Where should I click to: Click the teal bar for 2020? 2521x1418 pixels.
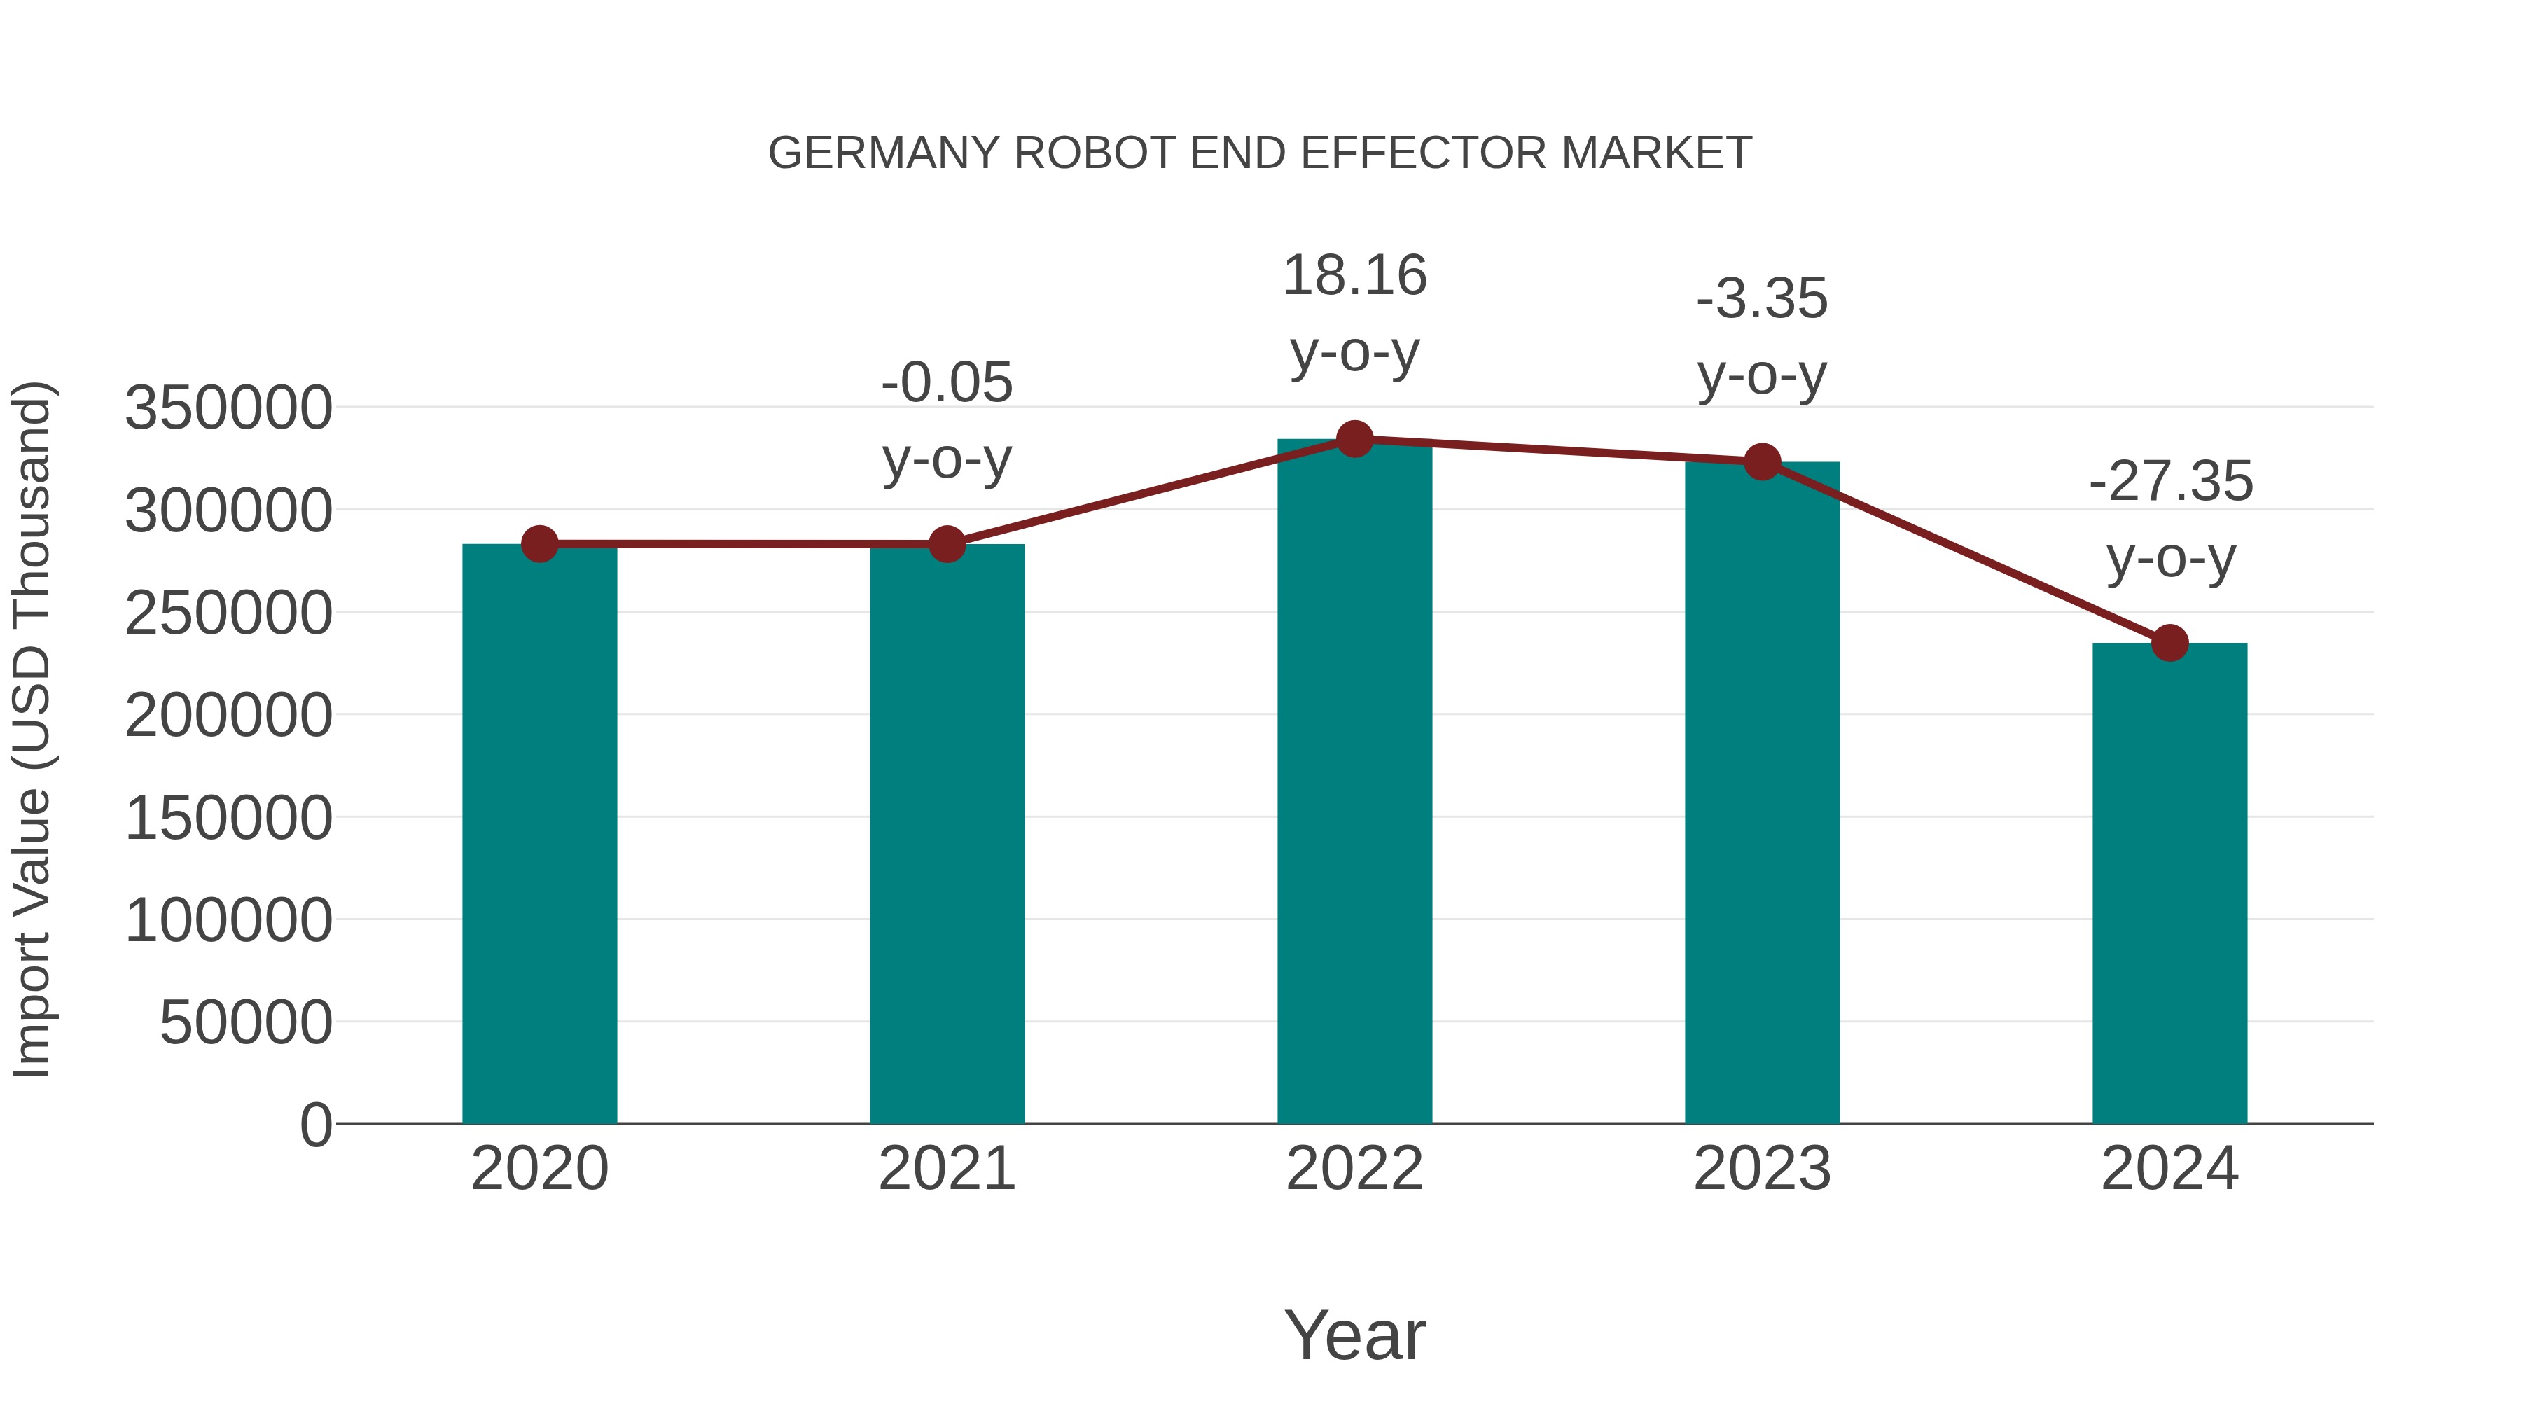click(539, 833)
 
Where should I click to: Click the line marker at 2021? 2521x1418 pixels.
click(946, 544)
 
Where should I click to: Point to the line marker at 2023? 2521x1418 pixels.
click(1762, 462)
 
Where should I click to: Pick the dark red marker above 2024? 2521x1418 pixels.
click(2169, 643)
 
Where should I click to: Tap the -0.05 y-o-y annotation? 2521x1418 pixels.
click(946, 421)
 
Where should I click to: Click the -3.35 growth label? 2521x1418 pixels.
click(1762, 337)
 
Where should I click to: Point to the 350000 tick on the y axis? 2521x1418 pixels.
click(228, 408)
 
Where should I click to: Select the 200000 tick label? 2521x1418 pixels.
click(228, 716)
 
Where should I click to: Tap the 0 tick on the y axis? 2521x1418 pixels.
click(315, 1125)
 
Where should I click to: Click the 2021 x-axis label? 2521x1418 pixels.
click(946, 1169)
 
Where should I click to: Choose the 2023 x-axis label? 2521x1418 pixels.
click(1762, 1169)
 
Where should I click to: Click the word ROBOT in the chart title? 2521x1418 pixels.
click(1094, 153)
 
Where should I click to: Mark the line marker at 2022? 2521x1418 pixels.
click(1354, 439)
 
